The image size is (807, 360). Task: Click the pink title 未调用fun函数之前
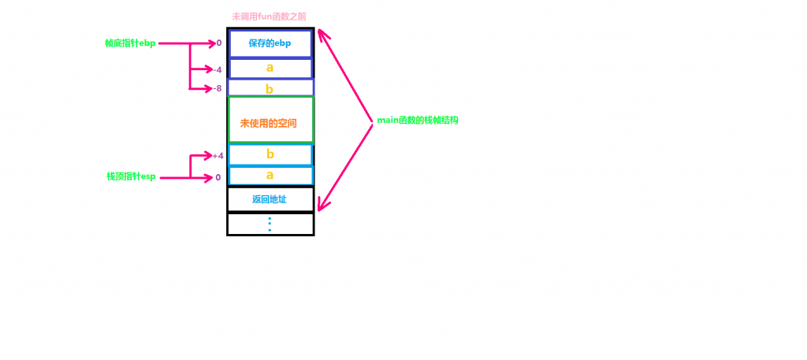click(269, 17)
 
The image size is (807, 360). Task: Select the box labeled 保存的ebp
click(270, 43)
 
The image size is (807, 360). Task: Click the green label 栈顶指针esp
click(131, 177)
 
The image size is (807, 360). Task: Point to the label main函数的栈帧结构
click(418, 121)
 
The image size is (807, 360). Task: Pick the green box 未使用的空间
click(271, 119)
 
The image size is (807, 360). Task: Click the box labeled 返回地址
click(270, 199)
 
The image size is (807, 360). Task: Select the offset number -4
click(218, 69)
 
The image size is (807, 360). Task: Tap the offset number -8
click(218, 88)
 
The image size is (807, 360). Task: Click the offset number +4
click(218, 155)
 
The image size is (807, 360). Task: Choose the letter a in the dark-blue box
click(270, 68)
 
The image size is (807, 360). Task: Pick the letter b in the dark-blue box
click(270, 89)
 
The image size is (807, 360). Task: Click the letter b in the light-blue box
click(270, 154)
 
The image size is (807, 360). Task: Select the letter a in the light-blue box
click(270, 176)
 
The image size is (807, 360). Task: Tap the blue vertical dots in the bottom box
click(270, 225)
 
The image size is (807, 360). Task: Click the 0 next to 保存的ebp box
click(219, 43)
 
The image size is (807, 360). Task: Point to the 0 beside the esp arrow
click(218, 177)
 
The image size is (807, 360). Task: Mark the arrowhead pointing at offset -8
click(208, 89)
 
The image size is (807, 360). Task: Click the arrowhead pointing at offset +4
click(208, 155)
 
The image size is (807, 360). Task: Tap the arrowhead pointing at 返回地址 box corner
click(322, 205)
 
